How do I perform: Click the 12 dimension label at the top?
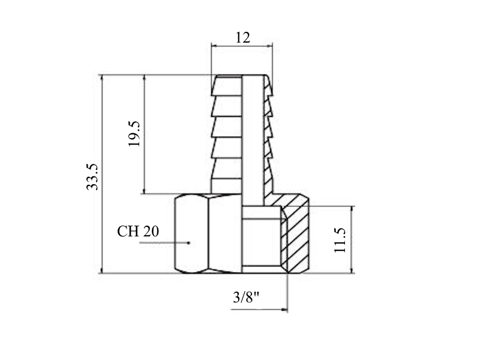(243, 38)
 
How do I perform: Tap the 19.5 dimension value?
(134, 133)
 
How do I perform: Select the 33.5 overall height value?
(92, 177)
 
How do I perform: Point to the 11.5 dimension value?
(340, 241)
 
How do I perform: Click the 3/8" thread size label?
(246, 297)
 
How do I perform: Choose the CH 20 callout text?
(138, 232)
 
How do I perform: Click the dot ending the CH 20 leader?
(189, 243)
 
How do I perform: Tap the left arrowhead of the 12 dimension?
(215, 46)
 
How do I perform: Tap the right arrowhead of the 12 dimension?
(269, 46)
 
